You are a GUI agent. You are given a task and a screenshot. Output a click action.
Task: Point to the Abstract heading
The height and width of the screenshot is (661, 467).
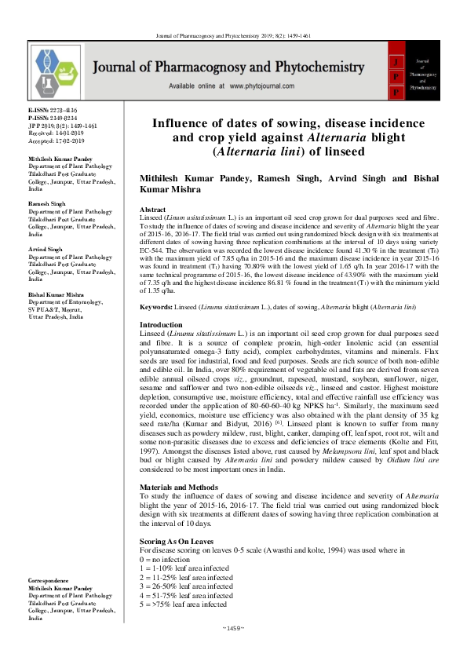(152, 210)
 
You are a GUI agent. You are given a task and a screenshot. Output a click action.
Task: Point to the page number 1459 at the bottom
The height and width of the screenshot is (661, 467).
(233, 628)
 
